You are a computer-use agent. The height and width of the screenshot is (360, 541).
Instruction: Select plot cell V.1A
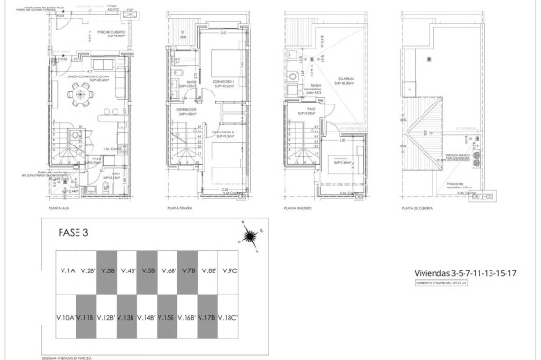click(67, 270)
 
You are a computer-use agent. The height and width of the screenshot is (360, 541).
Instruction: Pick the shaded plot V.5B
click(147, 270)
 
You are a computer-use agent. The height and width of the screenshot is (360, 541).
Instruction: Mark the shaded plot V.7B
click(187, 270)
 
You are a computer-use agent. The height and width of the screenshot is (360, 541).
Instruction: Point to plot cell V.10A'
click(64, 318)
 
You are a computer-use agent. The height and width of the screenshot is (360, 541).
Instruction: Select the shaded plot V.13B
click(127, 318)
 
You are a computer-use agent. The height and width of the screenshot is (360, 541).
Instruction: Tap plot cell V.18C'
click(229, 318)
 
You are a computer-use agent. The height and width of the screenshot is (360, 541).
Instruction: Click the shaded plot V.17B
click(208, 318)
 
